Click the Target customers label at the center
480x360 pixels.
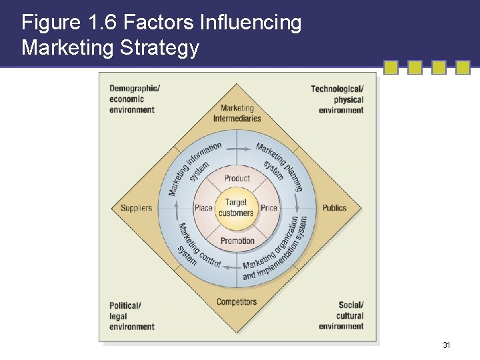(x=236, y=207)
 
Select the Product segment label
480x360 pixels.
(x=237, y=178)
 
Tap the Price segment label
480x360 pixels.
(x=269, y=208)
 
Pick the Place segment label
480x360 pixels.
(x=203, y=208)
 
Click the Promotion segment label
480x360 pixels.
(x=237, y=241)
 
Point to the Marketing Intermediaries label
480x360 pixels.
(x=237, y=113)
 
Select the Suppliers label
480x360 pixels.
(x=136, y=208)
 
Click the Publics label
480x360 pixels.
(x=335, y=208)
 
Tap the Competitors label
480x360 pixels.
(x=237, y=302)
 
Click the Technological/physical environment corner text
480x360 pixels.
(x=338, y=99)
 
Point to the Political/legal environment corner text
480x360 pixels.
(x=132, y=316)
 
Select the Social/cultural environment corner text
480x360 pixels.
(x=341, y=315)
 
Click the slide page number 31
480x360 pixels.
(x=447, y=345)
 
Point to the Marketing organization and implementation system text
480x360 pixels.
(x=277, y=251)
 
